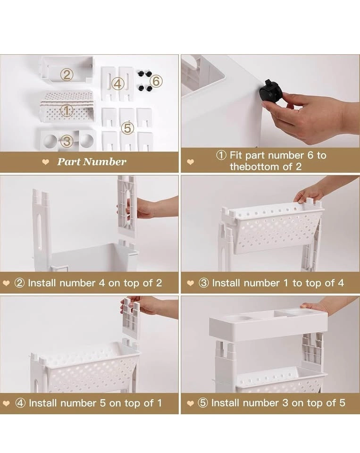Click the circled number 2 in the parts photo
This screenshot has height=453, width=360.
click(x=67, y=75)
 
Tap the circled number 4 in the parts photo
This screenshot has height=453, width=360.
click(x=117, y=84)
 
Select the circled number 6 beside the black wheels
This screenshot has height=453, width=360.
click(x=156, y=81)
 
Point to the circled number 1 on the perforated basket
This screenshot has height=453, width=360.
click(x=66, y=110)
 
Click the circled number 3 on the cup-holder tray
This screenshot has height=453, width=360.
click(x=67, y=141)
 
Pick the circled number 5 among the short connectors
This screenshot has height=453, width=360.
click(x=127, y=128)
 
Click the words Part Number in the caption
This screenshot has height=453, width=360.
click(x=92, y=161)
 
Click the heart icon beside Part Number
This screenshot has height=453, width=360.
click(x=45, y=162)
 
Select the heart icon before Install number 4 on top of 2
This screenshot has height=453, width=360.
click(x=6, y=283)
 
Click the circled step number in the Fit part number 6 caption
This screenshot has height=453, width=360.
click(x=221, y=155)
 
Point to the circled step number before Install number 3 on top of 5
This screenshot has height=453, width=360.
click(x=203, y=403)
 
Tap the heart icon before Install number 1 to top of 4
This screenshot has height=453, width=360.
click(x=190, y=283)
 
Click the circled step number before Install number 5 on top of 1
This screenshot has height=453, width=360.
click(x=20, y=403)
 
